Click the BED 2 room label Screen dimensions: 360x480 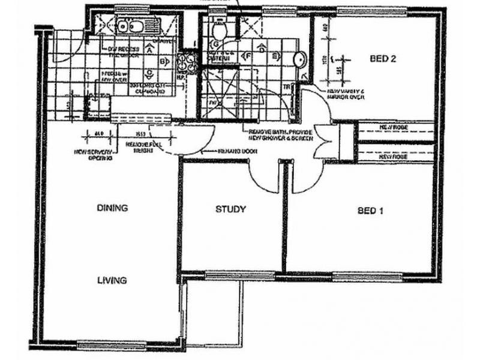381,59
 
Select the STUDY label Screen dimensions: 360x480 230,209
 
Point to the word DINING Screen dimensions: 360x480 112,208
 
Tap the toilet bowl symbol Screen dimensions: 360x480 220,30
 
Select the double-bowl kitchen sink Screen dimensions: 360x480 129,26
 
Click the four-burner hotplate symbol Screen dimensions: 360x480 185,62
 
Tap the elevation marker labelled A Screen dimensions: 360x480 148,50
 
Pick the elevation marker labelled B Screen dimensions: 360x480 162,61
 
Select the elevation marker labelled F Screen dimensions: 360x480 247,56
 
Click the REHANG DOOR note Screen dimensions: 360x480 238,151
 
